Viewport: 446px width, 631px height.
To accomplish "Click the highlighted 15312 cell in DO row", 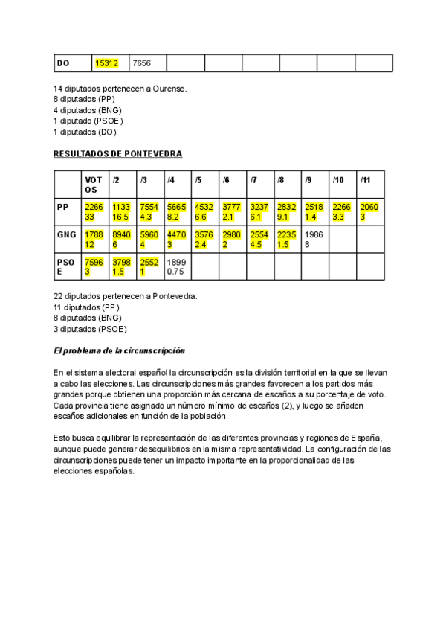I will (x=107, y=63).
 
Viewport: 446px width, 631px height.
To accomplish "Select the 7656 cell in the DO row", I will (x=141, y=63).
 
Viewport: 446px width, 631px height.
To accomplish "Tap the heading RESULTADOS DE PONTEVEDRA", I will (x=117, y=153).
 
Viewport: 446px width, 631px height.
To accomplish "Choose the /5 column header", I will (x=198, y=179).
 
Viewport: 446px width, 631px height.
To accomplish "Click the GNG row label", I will (x=67, y=234).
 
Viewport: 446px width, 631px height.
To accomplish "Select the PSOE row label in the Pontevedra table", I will (x=65, y=266).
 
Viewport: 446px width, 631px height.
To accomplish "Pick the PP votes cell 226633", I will (x=94, y=211).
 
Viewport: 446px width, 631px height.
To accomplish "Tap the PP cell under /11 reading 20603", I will (x=369, y=211).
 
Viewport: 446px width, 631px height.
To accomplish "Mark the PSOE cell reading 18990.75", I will (x=175, y=266).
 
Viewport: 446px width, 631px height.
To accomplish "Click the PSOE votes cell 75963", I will (x=94, y=266).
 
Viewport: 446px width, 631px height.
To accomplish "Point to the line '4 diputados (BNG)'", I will (x=88, y=109).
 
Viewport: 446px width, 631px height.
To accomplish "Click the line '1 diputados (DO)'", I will (x=85, y=132).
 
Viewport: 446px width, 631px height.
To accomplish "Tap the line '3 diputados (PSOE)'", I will (x=90, y=328).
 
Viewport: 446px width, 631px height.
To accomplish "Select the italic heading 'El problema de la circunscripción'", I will (x=119, y=350).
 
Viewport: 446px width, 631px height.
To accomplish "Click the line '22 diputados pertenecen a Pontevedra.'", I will (x=126, y=295).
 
